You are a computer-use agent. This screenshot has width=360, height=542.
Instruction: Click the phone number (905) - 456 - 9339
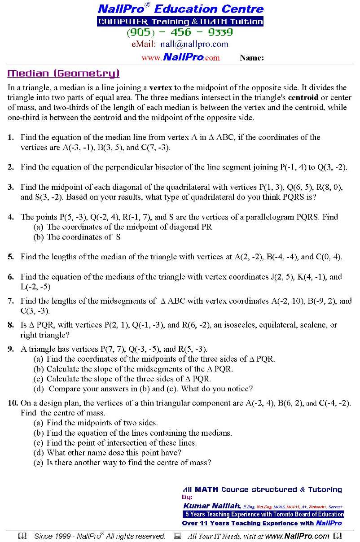pos(180,32)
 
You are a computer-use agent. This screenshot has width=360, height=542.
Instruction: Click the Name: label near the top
pos(252,57)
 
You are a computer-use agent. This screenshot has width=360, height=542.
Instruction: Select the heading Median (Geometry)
pos(63,73)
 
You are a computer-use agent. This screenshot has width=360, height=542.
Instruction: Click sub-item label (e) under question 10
pos(38,463)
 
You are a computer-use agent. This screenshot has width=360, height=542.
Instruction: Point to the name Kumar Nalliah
pos(211,506)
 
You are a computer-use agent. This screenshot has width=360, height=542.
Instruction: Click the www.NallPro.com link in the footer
pos(297,536)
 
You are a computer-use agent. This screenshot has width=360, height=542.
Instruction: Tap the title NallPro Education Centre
pos(180,9)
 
